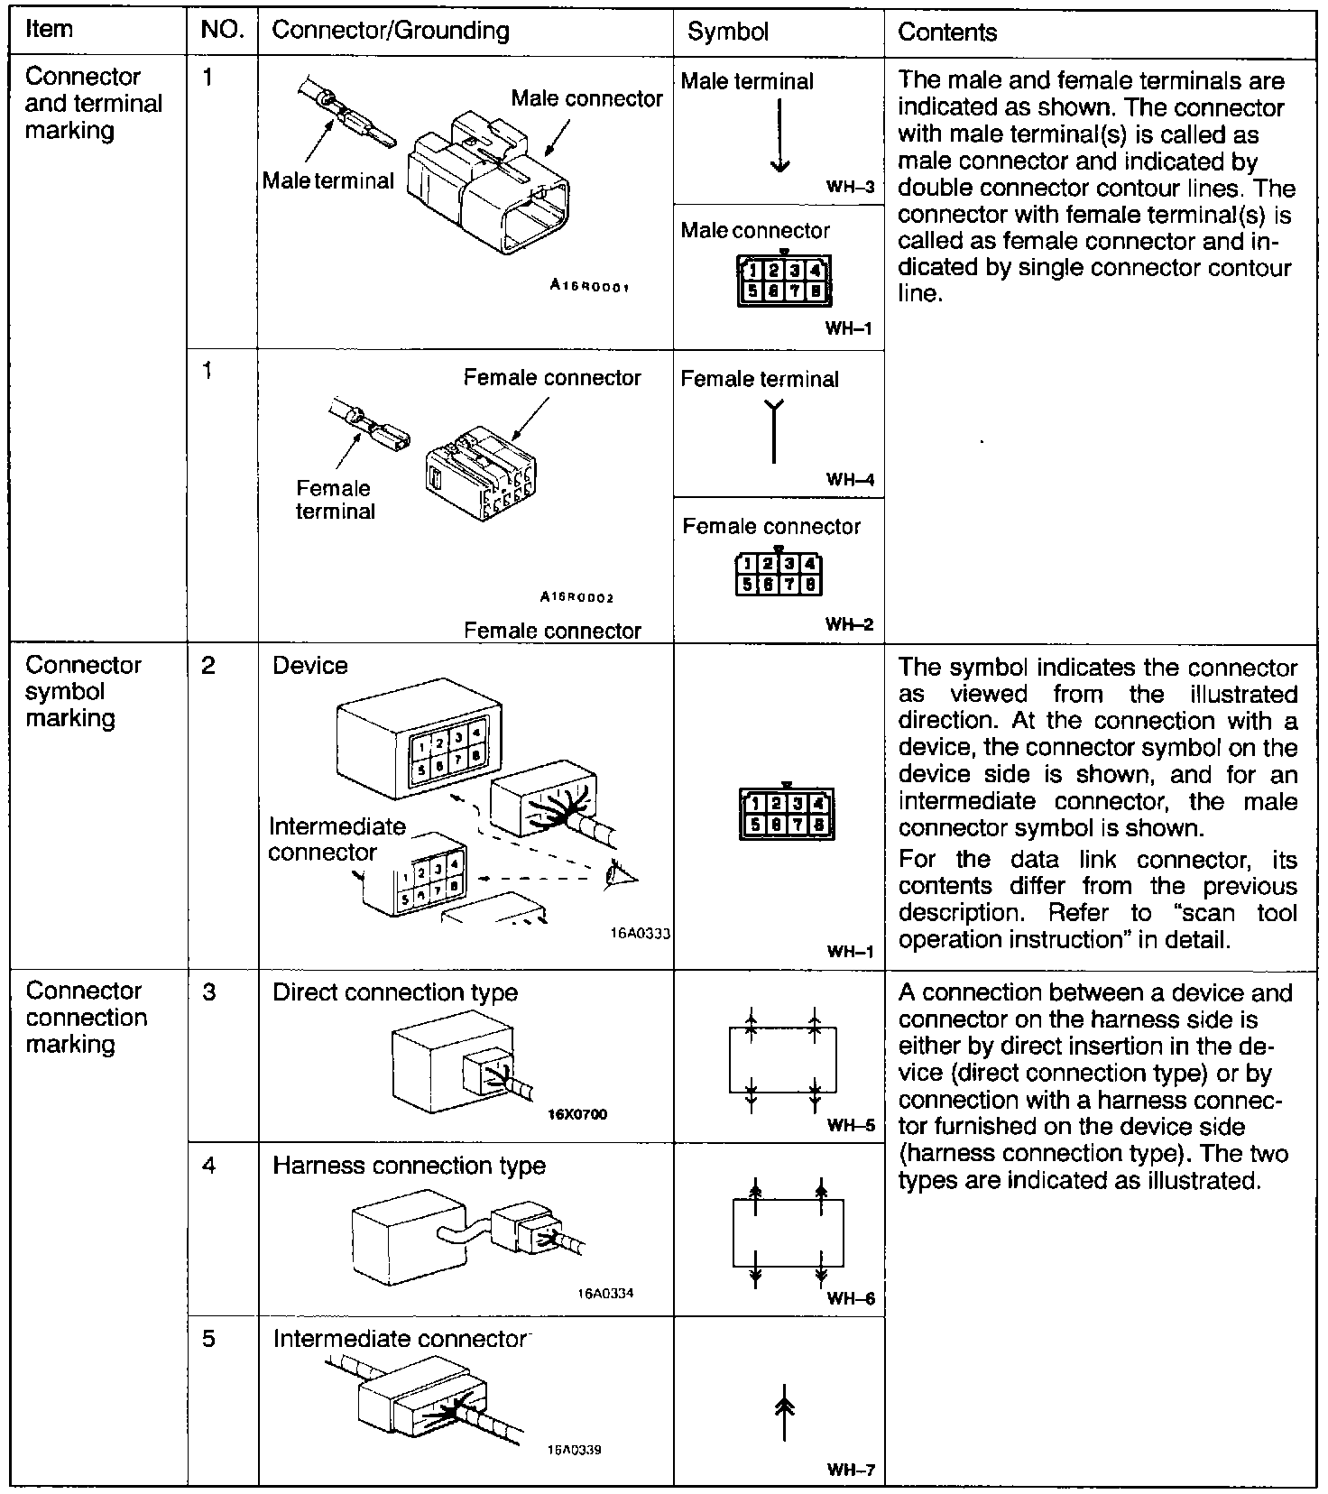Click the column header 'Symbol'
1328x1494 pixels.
click(727, 32)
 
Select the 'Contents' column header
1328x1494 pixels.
click(947, 32)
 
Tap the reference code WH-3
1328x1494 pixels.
click(850, 188)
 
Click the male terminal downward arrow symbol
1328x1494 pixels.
click(779, 135)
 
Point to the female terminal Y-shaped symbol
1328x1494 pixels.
click(774, 432)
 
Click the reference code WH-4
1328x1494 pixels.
click(850, 480)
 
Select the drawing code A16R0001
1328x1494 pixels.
click(589, 286)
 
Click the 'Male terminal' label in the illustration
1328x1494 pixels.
click(328, 180)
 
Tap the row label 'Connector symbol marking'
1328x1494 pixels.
click(83, 692)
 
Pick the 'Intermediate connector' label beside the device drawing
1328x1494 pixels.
click(337, 839)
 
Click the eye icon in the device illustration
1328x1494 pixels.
click(621, 873)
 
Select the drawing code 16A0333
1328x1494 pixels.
click(641, 935)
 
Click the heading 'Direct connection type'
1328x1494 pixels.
click(395, 992)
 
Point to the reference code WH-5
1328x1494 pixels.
click(851, 1125)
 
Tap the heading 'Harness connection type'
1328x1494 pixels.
click(409, 1166)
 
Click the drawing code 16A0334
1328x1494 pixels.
click(605, 1293)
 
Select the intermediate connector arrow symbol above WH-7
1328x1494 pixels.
click(785, 1412)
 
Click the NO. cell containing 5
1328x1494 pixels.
click(208, 1338)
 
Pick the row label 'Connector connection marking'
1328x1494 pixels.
click(86, 1018)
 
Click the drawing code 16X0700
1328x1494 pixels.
click(577, 1114)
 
